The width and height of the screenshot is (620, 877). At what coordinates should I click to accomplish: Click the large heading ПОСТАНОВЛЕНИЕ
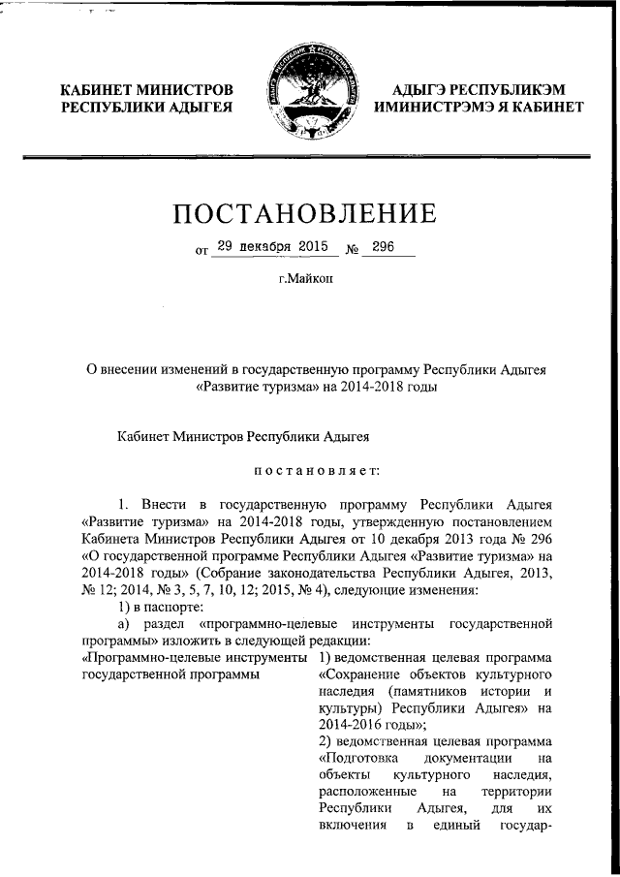310,211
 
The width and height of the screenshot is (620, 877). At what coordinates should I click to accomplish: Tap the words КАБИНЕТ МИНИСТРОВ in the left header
146,89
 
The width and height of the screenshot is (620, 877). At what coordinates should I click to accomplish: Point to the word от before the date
201,250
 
